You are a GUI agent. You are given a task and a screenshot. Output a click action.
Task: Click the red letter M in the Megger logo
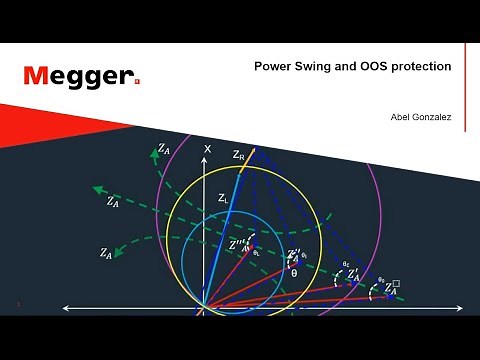pyautogui.click(x=37, y=76)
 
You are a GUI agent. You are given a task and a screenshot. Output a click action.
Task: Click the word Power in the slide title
pyautogui.click(x=272, y=66)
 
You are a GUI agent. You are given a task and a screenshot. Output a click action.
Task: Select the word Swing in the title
pyautogui.click(x=315, y=66)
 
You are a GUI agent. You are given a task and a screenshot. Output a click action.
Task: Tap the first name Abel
pyautogui.click(x=401, y=117)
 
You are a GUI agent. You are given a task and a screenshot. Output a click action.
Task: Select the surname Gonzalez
pyautogui.click(x=433, y=117)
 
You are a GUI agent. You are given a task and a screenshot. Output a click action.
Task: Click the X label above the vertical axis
pyautogui.click(x=208, y=149)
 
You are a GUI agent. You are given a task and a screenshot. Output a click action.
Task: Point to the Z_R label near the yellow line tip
pyautogui.click(x=238, y=155)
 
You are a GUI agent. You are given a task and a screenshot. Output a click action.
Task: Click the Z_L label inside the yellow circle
pyautogui.click(x=224, y=198)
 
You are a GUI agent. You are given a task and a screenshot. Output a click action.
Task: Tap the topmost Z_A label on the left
pyautogui.click(x=164, y=149)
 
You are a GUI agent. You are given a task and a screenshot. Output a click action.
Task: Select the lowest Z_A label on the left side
pyautogui.click(x=106, y=253)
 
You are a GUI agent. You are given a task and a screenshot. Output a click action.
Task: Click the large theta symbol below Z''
pyautogui.click(x=294, y=272)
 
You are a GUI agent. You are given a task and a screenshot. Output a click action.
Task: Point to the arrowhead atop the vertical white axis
pyautogui.click(x=208, y=162)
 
